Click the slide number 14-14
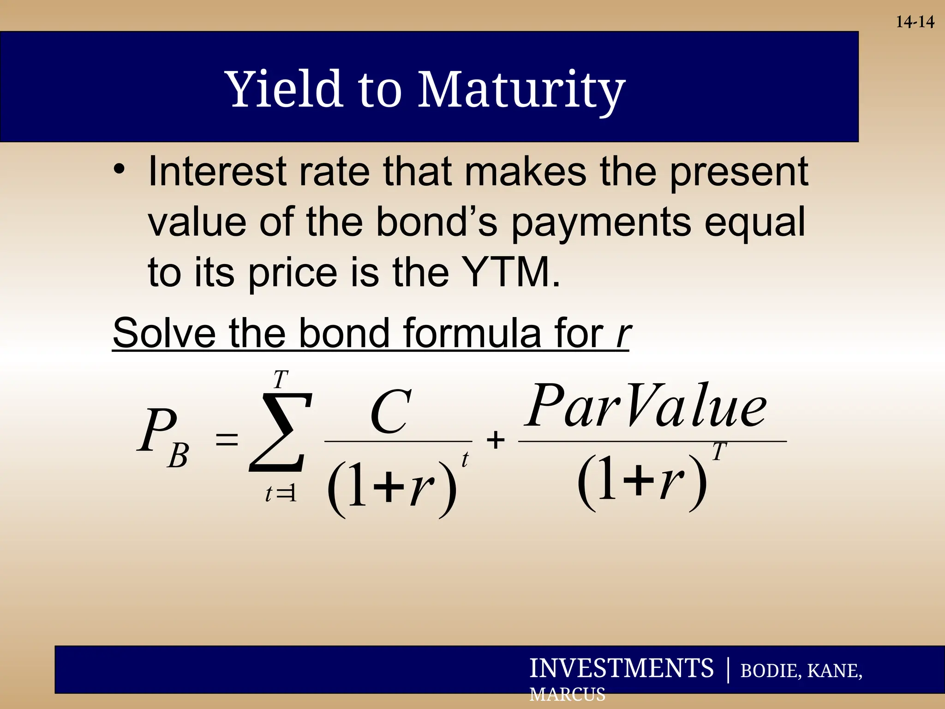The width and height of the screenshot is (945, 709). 915,22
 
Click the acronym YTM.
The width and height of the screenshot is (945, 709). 510,272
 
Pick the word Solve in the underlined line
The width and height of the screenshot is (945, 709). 164,333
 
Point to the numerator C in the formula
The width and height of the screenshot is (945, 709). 390,412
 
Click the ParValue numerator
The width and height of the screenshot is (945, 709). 646,406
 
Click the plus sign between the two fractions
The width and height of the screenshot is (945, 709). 496,439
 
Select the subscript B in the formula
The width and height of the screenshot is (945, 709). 178,456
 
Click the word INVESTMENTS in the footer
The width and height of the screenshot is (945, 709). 621,668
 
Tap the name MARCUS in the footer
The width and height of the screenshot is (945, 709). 567,694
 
